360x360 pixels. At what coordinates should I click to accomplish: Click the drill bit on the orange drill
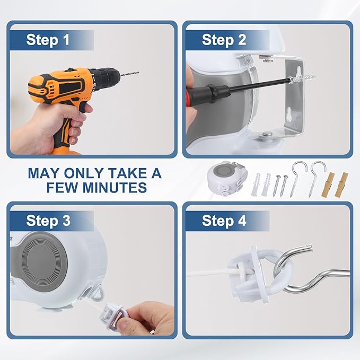(130, 74)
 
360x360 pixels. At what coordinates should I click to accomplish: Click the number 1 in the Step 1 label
(66, 40)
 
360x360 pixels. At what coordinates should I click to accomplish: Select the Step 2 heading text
(224, 40)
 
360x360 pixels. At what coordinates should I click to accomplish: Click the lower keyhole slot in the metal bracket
(289, 115)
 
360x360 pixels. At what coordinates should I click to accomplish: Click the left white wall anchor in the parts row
(256, 185)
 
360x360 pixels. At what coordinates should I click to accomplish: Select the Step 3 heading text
(48, 221)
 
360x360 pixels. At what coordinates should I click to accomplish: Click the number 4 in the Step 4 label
(242, 221)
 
